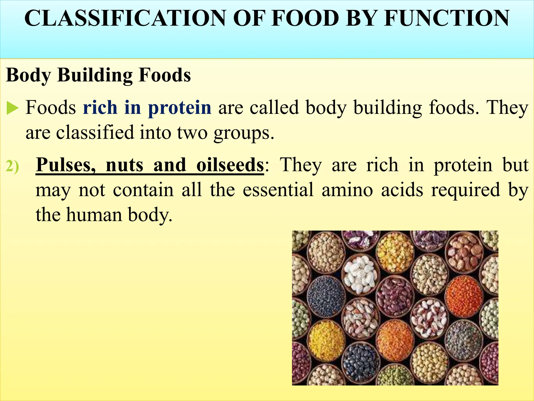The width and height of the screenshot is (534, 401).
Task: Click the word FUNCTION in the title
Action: [x=446, y=18]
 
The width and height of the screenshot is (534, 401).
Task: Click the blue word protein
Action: [x=180, y=108]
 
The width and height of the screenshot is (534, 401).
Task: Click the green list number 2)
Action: [x=13, y=166]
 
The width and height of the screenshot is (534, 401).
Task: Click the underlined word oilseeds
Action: [x=230, y=165]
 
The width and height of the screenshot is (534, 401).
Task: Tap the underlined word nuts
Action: [x=125, y=165]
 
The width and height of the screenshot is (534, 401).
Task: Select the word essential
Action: [x=278, y=190]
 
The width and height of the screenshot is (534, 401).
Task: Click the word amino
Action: [x=347, y=190]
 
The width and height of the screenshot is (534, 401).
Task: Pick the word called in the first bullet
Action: [x=274, y=108]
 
